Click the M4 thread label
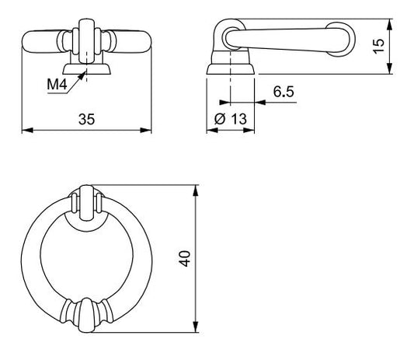[57, 85]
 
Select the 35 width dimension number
[86, 119]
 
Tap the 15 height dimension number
[378, 46]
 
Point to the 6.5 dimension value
[284, 92]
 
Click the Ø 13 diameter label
[231, 119]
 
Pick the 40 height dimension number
[185, 258]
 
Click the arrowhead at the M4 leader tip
[82, 76]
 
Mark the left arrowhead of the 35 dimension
[27, 131]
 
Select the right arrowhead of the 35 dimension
[146, 131]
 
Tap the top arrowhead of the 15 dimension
[389, 24]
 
